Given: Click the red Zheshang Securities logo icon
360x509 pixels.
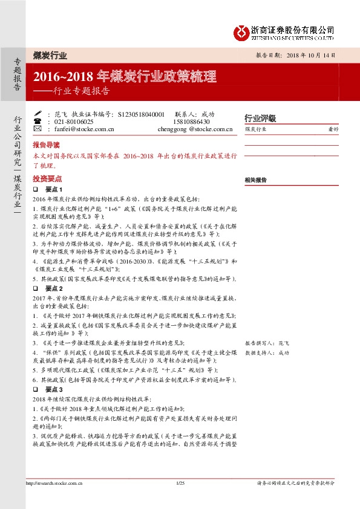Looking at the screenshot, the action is click(x=242, y=30).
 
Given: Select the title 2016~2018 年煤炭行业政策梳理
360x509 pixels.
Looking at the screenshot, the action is click(x=125, y=77).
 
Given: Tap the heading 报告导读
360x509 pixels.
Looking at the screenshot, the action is click(x=46, y=145).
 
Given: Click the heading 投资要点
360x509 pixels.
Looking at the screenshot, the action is click(x=46, y=179).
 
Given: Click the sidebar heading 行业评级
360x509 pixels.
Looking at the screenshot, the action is click(x=260, y=118).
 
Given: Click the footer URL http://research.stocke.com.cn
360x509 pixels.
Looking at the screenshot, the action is click(x=54, y=482).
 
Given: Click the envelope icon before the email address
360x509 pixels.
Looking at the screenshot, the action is click(x=38, y=128).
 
